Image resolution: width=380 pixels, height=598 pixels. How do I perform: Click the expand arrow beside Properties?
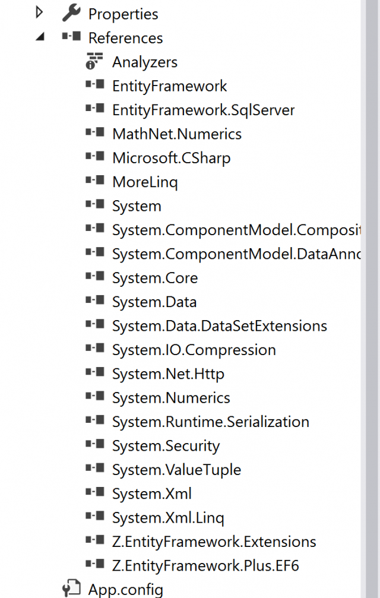coord(40,12)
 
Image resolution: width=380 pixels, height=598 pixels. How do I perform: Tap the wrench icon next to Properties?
coord(71,12)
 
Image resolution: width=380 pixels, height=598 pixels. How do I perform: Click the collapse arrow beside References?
coord(40,37)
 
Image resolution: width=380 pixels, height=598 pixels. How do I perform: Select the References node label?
coord(125,38)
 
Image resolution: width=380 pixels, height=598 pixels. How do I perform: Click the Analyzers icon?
coord(94,61)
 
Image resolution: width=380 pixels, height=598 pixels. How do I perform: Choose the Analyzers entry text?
coord(144,62)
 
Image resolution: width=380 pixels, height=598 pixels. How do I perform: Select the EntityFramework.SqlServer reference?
coord(203,110)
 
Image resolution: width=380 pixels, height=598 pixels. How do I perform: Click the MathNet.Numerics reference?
coord(176,134)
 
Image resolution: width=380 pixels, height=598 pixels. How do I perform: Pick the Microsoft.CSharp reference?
coord(171,158)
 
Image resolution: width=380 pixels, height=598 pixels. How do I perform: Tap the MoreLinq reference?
coord(145,182)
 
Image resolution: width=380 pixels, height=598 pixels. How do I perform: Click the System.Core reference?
coord(155,278)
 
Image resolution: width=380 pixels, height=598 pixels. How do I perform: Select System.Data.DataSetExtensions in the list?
coord(219,326)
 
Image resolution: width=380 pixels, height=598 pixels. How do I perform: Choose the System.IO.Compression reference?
coord(194,350)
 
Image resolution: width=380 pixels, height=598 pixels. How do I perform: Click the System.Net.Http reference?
coord(168,374)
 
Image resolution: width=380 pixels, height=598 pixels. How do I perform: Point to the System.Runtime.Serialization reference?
coord(210,422)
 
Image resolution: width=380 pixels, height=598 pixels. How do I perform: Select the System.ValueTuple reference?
coord(176,470)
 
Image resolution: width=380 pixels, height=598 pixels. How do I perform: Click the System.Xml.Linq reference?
coord(168,518)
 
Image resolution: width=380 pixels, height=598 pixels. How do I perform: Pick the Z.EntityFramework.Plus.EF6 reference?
coord(205,566)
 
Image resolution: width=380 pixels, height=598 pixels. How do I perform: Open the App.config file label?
coord(125,590)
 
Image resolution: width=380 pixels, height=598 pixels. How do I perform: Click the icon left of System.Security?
coord(95,445)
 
